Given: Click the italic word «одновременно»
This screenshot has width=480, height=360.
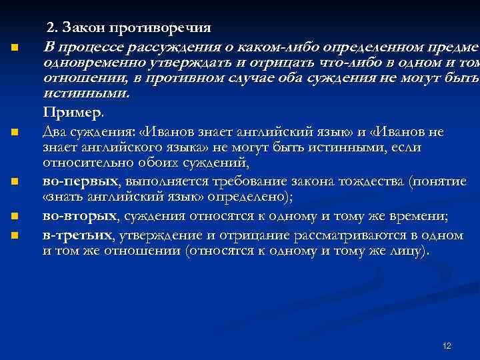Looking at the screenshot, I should (91, 63).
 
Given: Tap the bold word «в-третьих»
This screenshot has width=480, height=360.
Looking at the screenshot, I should (76, 235).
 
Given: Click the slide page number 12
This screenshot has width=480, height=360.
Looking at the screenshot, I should (447, 346).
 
